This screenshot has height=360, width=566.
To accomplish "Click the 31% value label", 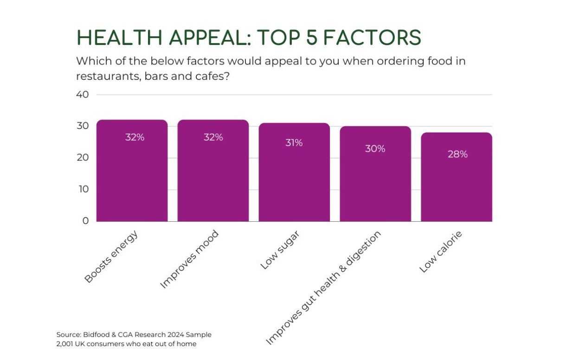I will pyautogui.click(x=294, y=143).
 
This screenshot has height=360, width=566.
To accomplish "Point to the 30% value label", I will pyautogui.click(x=375, y=149).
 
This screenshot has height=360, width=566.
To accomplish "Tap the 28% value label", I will pyautogui.click(x=457, y=154).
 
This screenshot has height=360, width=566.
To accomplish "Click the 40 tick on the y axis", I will pyautogui.click(x=82, y=95).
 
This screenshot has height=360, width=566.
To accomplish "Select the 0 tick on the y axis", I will pyautogui.click(x=85, y=221).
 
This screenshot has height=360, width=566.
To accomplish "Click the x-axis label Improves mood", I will pyautogui.click(x=189, y=259).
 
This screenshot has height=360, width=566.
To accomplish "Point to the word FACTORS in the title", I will pyautogui.click(x=372, y=38).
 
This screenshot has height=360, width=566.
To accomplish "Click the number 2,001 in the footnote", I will pyautogui.click(x=66, y=344).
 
